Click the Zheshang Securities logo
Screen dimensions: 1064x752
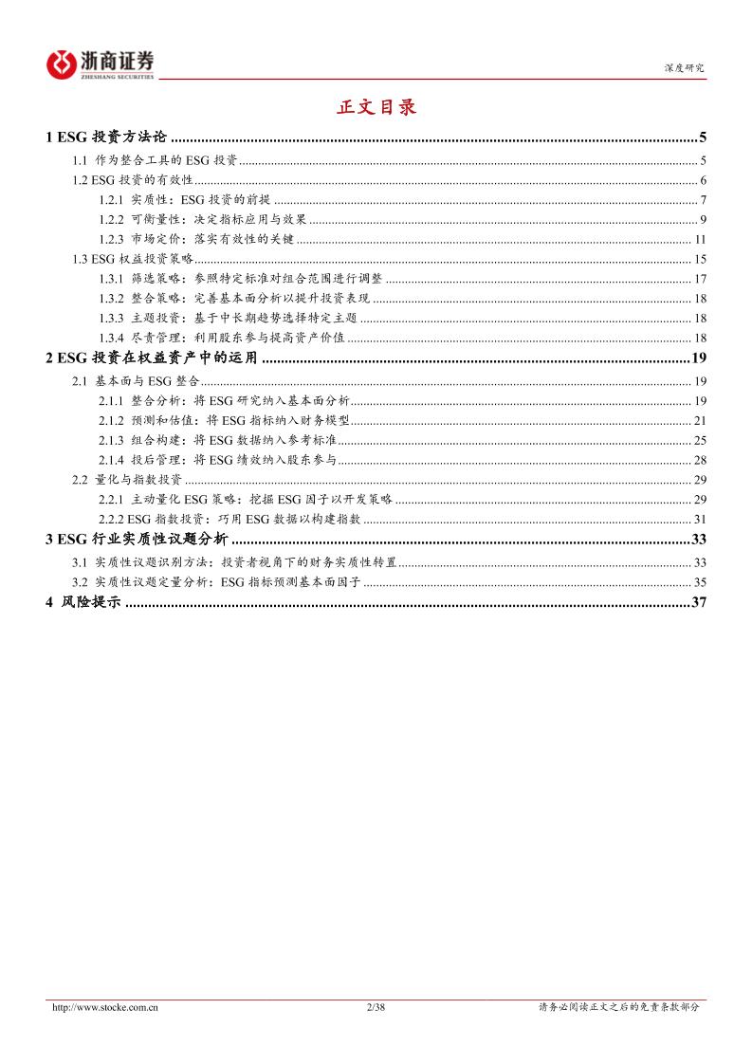tap(101, 64)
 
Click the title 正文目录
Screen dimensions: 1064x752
tap(376, 107)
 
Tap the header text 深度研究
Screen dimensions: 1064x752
tap(684, 68)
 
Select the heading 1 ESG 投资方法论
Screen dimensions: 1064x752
tap(106, 138)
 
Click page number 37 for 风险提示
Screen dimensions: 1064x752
tap(701, 603)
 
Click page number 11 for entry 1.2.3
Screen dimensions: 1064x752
tap(701, 238)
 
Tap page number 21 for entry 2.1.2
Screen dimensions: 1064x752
tap(701, 420)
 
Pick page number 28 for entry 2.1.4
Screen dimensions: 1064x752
tap(701, 460)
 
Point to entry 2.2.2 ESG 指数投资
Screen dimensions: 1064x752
tap(229, 519)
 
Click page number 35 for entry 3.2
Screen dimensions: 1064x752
tap(701, 581)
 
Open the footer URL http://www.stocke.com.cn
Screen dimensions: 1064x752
tap(104, 1007)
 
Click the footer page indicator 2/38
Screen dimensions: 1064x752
tap(376, 1007)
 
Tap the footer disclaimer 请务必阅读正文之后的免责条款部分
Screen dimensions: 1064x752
tap(618, 1007)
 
